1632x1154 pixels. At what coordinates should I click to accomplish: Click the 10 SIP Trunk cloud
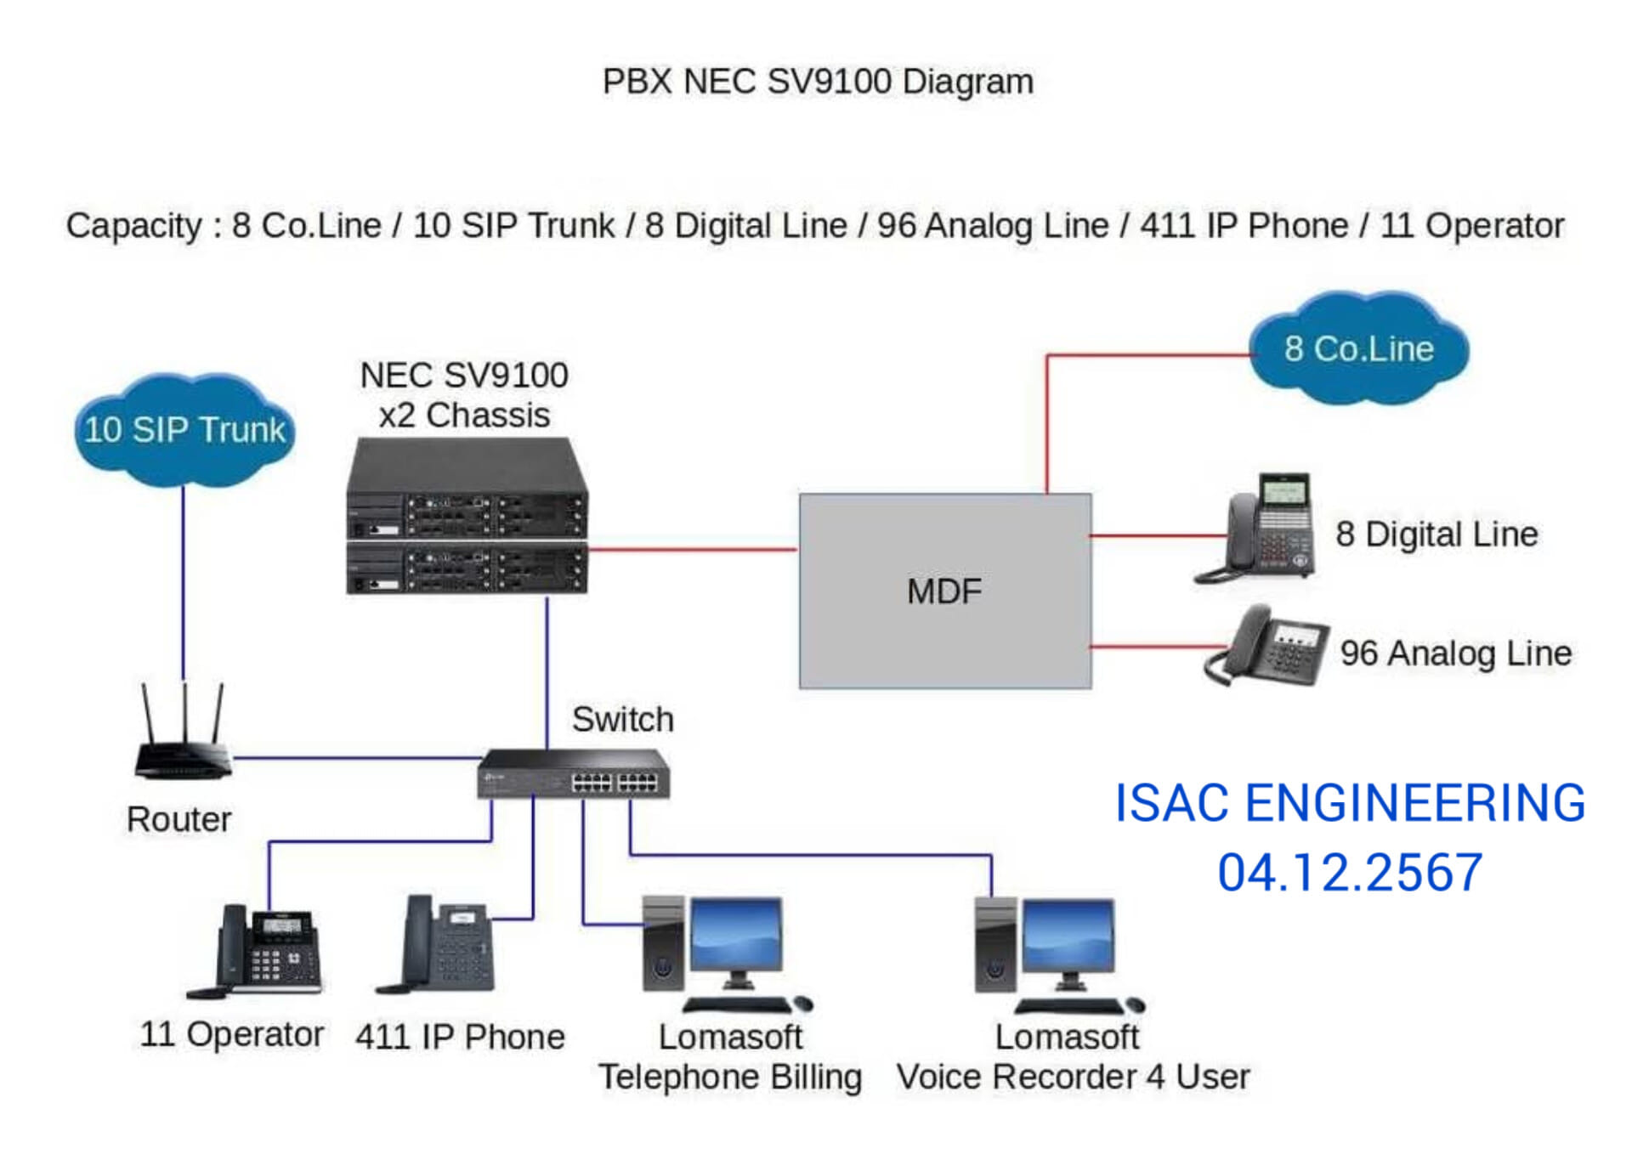pyautogui.click(x=184, y=430)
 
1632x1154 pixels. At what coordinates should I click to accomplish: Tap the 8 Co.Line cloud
pyautogui.click(x=1358, y=349)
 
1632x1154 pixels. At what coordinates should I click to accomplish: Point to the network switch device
pyautogui.click(x=574, y=774)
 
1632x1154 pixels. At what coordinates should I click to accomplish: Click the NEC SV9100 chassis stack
pyautogui.click(x=467, y=517)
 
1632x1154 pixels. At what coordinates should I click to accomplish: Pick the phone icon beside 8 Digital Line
pyautogui.click(x=1260, y=528)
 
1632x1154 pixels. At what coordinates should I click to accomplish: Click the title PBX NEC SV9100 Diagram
pyautogui.click(x=817, y=82)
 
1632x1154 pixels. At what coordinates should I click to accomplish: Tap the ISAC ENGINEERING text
pyautogui.click(x=1349, y=804)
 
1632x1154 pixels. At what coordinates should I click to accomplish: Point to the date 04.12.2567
pyautogui.click(x=1349, y=874)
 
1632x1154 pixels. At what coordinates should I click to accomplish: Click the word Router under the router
pyautogui.click(x=178, y=820)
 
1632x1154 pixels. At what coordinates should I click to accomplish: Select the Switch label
pyautogui.click(x=622, y=720)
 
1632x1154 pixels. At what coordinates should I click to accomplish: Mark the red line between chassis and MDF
pyautogui.click(x=693, y=549)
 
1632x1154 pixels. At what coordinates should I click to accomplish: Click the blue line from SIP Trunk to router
pyautogui.click(x=183, y=586)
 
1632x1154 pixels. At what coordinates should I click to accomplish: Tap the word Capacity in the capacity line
pyautogui.click(x=133, y=226)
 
